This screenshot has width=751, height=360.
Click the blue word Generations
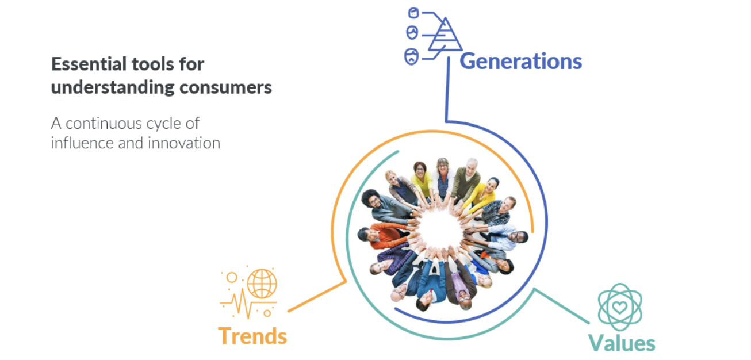pyautogui.click(x=520, y=62)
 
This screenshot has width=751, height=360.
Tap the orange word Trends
pyautogui.click(x=252, y=336)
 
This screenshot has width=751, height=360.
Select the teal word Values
pyautogui.click(x=622, y=343)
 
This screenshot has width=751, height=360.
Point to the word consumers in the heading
pyautogui.click(x=225, y=87)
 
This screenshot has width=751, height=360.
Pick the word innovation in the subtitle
pyautogui.click(x=184, y=143)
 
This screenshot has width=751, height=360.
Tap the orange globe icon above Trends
pyautogui.click(x=262, y=284)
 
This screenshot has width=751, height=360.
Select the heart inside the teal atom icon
pyautogui.click(x=619, y=307)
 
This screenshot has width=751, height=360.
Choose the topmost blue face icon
pyautogui.click(x=413, y=13)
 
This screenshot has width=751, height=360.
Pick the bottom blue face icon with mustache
pyautogui.click(x=411, y=56)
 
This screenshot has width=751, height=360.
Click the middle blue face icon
pyautogui.click(x=412, y=33)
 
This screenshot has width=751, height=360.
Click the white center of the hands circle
pyautogui.click(x=439, y=229)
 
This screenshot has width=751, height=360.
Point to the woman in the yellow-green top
pyautogui.click(x=422, y=179)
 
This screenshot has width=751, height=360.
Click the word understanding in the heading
pyautogui.click(x=113, y=88)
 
